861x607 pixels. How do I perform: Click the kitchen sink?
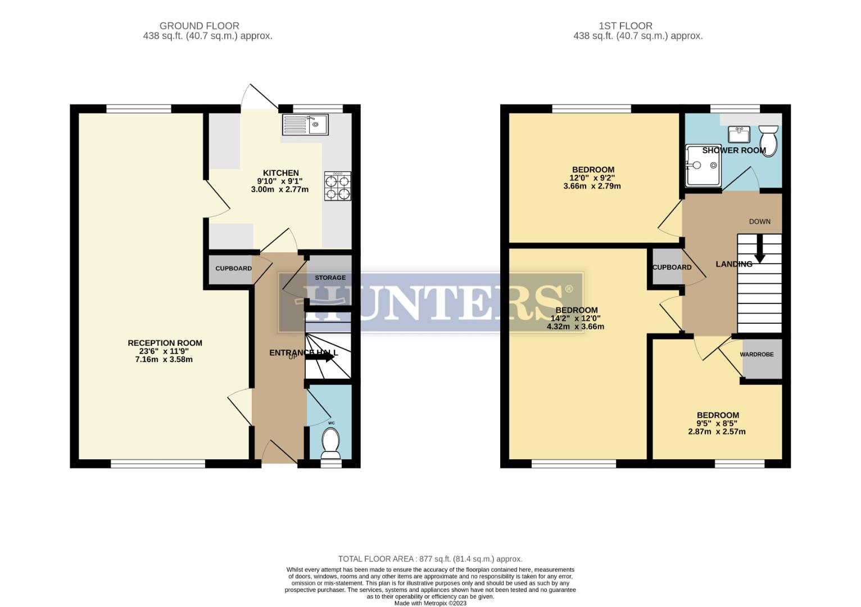[306, 124]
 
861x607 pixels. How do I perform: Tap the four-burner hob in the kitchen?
[337, 186]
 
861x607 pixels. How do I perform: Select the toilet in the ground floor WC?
[330, 443]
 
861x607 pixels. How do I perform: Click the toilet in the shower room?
[768, 139]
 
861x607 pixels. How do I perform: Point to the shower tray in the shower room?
[703, 165]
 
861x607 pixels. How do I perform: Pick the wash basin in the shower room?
[738, 134]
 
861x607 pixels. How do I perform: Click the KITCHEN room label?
[281, 173]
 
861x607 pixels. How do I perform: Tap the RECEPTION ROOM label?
[165, 343]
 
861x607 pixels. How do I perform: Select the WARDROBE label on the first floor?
[756, 355]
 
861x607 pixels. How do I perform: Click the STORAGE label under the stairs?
[330, 278]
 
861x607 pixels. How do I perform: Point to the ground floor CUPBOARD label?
[233, 269]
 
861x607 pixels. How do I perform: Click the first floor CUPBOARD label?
[672, 268]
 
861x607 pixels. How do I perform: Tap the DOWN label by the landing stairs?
[759, 221]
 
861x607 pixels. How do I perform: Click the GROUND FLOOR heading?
[199, 26]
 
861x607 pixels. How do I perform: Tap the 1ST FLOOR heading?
[625, 26]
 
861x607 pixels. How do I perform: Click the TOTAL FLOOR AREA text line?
[430, 559]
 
